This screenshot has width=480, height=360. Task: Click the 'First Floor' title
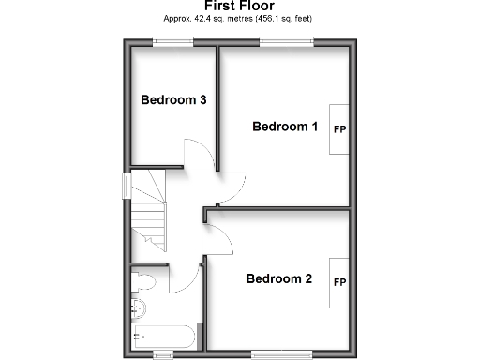(x=239, y=6)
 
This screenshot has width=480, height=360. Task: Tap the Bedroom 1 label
(x=286, y=127)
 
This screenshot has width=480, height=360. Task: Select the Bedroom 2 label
(x=279, y=278)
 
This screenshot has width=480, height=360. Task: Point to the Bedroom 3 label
(x=173, y=99)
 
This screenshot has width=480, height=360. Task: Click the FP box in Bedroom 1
(x=338, y=128)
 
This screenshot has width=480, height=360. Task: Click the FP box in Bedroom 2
(x=339, y=282)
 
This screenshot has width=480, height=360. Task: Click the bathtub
(x=163, y=336)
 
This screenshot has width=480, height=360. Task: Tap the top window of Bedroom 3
(x=173, y=40)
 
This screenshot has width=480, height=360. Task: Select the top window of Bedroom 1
(x=286, y=40)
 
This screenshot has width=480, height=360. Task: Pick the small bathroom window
(x=163, y=353)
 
